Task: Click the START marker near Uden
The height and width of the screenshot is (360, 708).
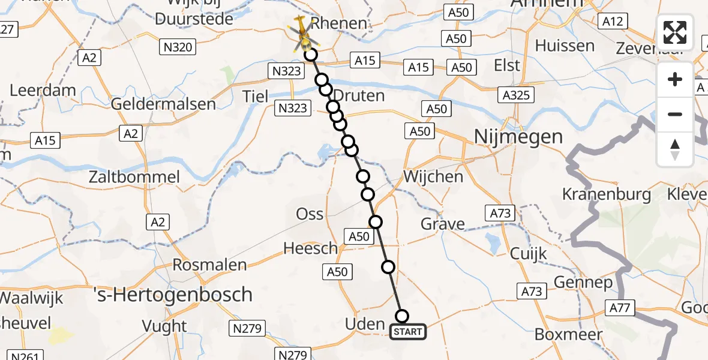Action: pos(408,332)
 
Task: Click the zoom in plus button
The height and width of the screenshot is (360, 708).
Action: pos(675,80)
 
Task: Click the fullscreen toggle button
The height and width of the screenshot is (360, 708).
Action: pos(675,32)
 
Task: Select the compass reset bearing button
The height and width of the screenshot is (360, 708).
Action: pos(675,149)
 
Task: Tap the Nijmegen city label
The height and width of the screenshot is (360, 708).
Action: pos(518,137)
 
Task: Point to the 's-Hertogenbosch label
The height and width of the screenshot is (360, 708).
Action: pos(173,295)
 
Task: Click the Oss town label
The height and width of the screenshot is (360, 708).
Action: pos(310,214)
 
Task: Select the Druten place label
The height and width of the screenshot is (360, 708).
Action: pos(358,96)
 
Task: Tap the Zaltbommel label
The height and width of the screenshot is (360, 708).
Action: pos(134,177)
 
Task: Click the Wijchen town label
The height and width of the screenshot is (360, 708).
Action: pos(433,177)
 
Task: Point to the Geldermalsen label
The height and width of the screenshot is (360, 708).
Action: pos(164,104)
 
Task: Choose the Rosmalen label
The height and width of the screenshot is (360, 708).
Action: pos(209,265)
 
